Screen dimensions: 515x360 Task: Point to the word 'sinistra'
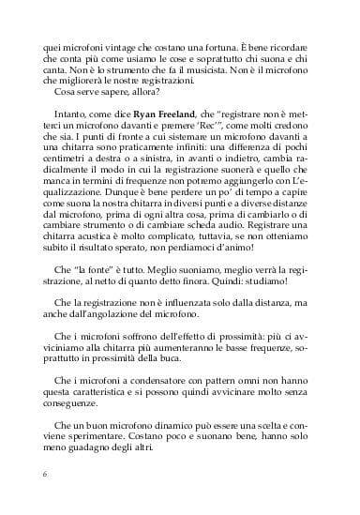pos(151,175)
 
